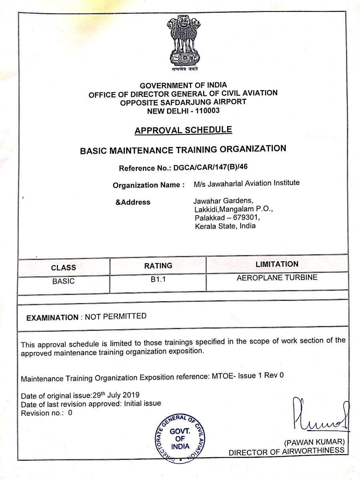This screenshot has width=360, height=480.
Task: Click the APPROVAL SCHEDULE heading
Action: click(x=183, y=130)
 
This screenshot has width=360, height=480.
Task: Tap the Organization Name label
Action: click(x=148, y=185)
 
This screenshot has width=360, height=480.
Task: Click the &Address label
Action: click(x=133, y=202)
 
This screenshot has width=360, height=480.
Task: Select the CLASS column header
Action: click(x=63, y=268)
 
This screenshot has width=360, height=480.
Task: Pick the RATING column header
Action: click(x=158, y=266)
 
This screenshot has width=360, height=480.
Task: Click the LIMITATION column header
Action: click(x=277, y=264)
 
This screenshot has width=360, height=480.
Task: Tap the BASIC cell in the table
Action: click(x=63, y=281)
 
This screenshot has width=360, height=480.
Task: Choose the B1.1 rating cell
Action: click(x=158, y=280)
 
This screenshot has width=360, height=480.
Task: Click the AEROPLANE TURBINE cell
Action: click(x=277, y=277)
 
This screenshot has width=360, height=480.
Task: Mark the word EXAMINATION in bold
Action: click(x=52, y=318)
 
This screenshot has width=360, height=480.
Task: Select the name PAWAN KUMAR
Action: click(x=314, y=442)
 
